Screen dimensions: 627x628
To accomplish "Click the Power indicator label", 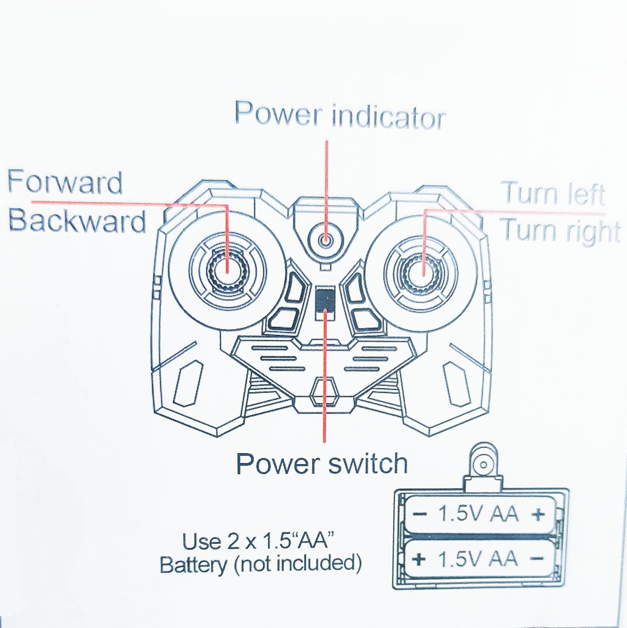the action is tap(340, 116).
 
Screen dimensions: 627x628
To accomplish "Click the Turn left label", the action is tap(554, 194).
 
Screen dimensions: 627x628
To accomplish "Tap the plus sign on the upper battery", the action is tap(538, 514).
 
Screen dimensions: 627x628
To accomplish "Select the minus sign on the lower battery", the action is tap(537, 559).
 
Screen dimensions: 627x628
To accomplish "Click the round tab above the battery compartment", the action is tap(483, 465).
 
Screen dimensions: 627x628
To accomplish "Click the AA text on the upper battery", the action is tap(503, 514).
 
